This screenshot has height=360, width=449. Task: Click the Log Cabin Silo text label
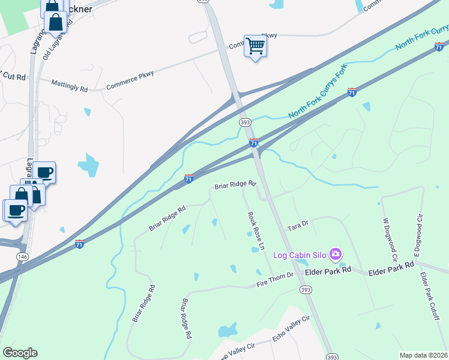[300, 256]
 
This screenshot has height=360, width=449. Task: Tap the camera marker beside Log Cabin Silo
[336, 255]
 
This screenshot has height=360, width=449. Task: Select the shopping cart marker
[256, 46]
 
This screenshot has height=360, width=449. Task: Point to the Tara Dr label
[298, 223]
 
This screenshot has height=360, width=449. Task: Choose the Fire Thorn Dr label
[274, 275]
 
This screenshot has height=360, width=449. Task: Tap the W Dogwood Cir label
[389, 238]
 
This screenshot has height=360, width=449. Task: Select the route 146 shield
[23, 256]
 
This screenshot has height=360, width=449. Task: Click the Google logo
[19, 353]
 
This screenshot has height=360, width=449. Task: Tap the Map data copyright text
[424, 355]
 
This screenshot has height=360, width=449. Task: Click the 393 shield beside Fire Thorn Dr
[306, 290]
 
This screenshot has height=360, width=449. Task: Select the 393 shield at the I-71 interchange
[245, 122]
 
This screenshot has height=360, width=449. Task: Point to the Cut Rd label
[14, 77]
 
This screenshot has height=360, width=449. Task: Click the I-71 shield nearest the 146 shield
[79, 244]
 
